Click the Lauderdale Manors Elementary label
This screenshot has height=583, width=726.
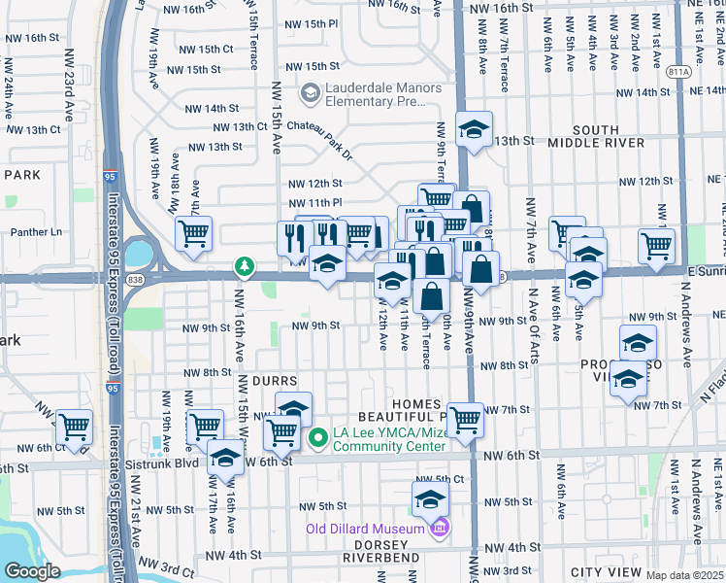pyautogui.click(x=382, y=94)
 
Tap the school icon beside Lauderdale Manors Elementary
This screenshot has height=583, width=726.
pyautogui.click(x=311, y=93)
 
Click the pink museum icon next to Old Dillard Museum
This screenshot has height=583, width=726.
pyautogui.click(x=439, y=528)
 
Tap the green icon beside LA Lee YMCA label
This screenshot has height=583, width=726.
pyautogui.click(x=316, y=440)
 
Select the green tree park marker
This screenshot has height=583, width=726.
pyautogui.click(x=244, y=265)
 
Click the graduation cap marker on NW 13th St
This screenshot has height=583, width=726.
pyautogui.click(x=473, y=129)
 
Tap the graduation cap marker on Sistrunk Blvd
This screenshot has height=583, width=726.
pyautogui.click(x=225, y=456)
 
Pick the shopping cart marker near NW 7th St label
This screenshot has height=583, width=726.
pyautogui.click(x=466, y=419)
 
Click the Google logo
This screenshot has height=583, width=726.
pyautogui.click(x=32, y=571)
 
